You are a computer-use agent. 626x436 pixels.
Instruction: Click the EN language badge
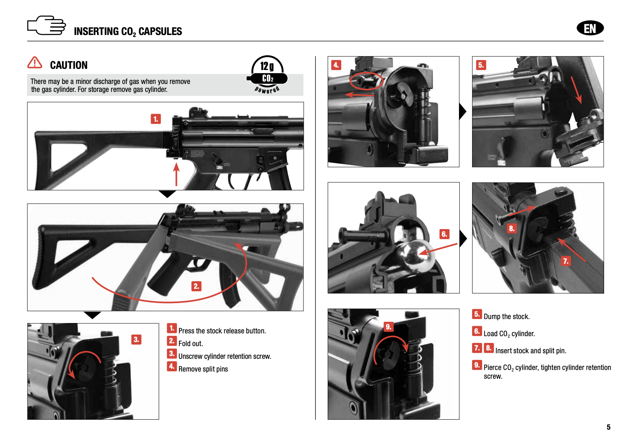tap(590, 28)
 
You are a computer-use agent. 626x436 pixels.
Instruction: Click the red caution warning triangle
tap(35, 62)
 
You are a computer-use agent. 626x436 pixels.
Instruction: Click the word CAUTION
tap(69, 65)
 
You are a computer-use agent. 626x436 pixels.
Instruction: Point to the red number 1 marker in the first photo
tap(156, 119)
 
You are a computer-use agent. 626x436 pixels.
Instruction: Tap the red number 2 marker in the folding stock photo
tap(196, 286)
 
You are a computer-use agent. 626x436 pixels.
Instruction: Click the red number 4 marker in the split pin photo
tap(336, 65)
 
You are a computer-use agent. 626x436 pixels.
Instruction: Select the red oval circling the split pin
tap(366, 81)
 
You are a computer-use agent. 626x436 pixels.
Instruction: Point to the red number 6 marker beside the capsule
tap(444, 234)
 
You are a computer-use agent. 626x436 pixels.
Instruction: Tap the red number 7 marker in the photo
tap(566, 261)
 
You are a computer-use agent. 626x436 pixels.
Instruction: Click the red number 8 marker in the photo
tap(511, 228)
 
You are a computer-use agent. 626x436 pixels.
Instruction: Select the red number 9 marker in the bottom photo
tap(389, 327)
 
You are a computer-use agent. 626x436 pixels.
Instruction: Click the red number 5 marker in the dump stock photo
tap(481, 65)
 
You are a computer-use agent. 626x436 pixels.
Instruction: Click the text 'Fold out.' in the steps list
tap(191, 344)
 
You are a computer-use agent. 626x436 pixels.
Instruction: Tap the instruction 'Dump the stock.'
tap(506, 317)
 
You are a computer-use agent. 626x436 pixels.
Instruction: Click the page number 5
tap(608, 427)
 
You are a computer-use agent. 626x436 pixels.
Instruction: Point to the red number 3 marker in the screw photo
tap(136, 339)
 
